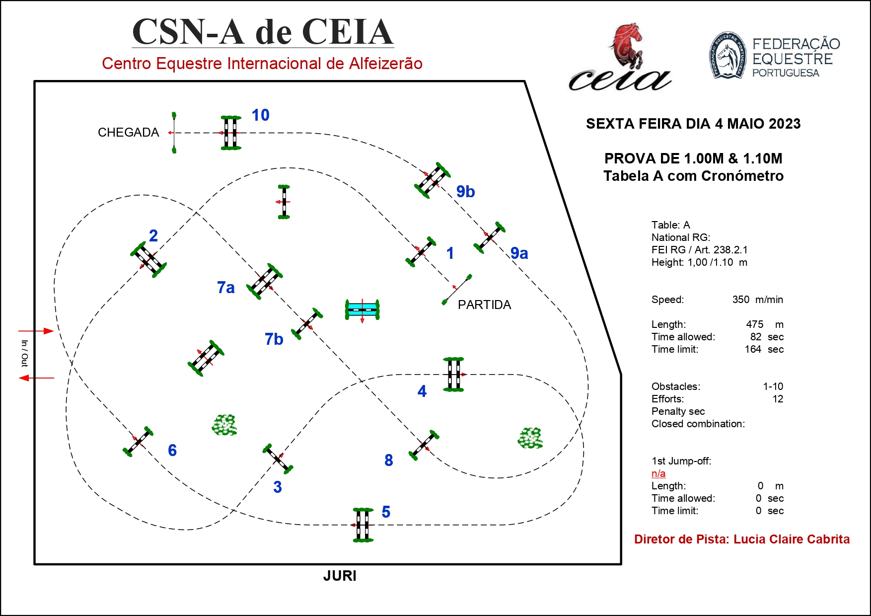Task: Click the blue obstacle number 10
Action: (x=260, y=115)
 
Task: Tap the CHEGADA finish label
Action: (x=128, y=133)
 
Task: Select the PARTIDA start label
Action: (x=484, y=305)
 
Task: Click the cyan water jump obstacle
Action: (x=363, y=309)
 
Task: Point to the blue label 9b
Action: (x=465, y=192)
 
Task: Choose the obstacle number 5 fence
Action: (x=363, y=525)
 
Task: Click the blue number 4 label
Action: (x=422, y=391)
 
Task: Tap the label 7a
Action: (x=225, y=288)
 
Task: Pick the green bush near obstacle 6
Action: (x=224, y=425)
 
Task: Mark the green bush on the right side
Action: (x=530, y=438)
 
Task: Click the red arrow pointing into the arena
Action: (x=36, y=331)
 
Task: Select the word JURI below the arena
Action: (x=340, y=576)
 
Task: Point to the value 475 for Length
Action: (x=754, y=324)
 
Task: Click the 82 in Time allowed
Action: (x=756, y=337)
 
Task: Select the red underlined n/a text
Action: (x=658, y=473)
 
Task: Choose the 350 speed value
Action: (x=740, y=300)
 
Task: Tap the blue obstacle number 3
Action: (x=277, y=487)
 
